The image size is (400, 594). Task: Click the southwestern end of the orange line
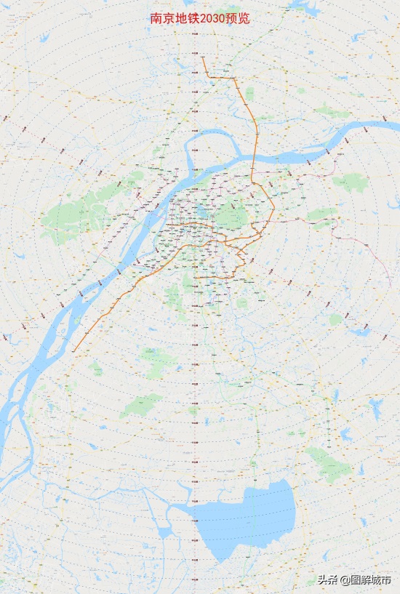click(73, 352)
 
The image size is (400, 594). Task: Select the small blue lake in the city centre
click(199, 212)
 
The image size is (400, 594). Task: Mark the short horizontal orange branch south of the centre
click(215, 277)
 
